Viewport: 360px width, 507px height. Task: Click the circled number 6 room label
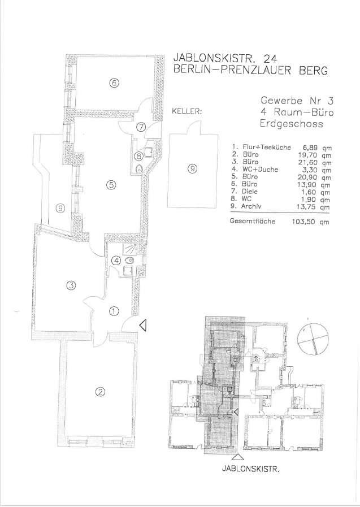pos(114,84)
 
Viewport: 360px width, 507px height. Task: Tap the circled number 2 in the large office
pos(100,392)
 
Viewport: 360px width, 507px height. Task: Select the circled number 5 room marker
pos(111,185)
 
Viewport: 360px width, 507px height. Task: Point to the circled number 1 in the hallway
pos(114,311)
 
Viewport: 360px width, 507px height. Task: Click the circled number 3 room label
pos(71,285)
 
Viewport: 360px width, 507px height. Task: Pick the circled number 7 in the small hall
pos(141,127)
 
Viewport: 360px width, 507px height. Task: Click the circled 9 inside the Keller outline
pos(193,168)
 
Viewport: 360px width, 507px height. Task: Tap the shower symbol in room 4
pos(130,249)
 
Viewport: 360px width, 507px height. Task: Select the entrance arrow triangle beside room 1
pos(143,325)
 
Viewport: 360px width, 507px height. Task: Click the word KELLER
pos(187,111)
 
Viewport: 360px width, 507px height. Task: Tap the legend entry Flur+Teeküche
pos(267,147)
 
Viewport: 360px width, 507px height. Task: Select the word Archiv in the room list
pos(251,206)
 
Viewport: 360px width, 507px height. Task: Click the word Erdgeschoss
pos(292,124)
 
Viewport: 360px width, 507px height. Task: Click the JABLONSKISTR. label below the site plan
pos(250,469)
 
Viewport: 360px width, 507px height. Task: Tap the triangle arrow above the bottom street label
pos(238,457)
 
